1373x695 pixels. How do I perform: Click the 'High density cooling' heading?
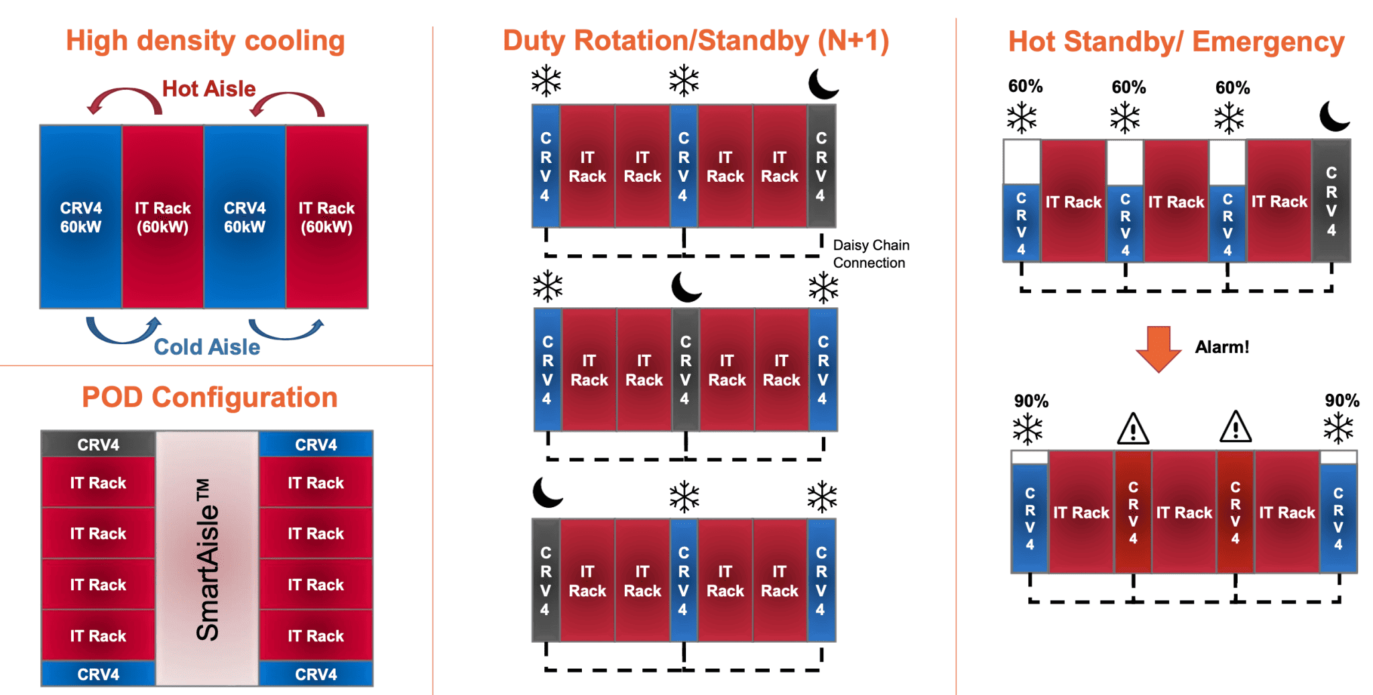pyautogui.click(x=205, y=41)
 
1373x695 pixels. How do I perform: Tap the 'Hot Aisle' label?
pyautogui.click(x=208, y=89)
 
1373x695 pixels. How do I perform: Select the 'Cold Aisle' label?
pyautogui.click(x=206, y=347)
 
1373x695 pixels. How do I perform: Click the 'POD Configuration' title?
pyautogui.click(x=209, y=397)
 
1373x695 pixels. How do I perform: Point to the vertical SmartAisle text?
pyautogui.click(x=207, y=559)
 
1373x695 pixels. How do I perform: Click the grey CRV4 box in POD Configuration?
pyautogui.click(x=98, y=444)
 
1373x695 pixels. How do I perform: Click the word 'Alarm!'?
pyautogui.click(x=1221, y=347)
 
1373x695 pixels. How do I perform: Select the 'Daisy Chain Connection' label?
pyautogui.click(x=870, y=254)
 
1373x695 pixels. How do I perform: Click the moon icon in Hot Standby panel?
pyautogui.click(x=1333, y=116)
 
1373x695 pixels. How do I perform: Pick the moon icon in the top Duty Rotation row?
pyautogui.click(x=823, y=84)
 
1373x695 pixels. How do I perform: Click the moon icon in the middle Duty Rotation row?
pyautogui.click(x=686, y=287)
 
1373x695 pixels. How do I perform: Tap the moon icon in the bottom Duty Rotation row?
pyautogui.click(x=547, y=492)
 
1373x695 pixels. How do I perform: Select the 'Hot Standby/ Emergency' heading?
pyautogui.click(x=1176, y=42)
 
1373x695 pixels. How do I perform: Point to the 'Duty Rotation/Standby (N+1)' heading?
pyautogui.click(x=696, y=41)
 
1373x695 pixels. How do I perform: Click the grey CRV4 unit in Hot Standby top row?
pyautogui.click(x=1331, y=201)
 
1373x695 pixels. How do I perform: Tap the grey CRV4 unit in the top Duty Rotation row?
pyautogui.click(x=821, y=166)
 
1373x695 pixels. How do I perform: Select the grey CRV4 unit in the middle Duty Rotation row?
pyautogui.click(x=685, y=370)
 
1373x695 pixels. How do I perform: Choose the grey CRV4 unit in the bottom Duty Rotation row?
pyautogui.click(x=546, y=580)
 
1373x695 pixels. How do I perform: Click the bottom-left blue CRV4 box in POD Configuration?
pyautogui.click(x=98, y=674)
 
